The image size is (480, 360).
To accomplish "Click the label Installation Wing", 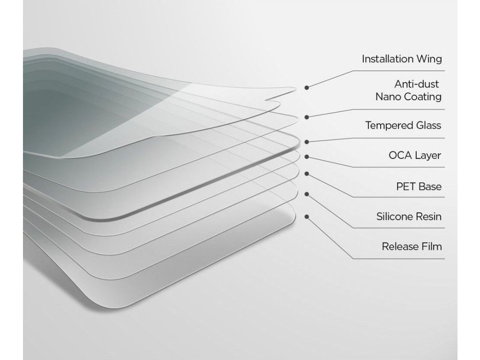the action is click(402, 59).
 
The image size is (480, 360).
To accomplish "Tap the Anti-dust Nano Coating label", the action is click(409, 90).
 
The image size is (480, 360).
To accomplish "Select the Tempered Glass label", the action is click(403, 126).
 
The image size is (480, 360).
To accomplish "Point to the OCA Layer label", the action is click(415, 156).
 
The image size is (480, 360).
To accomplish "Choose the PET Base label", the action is click(419, 187).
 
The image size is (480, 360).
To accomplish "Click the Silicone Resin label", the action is click(409, 217).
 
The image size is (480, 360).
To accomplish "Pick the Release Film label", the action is click(412, 247).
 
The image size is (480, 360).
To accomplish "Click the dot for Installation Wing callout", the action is click(307, 88).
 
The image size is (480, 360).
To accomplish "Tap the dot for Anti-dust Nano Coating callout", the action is click(307, 117).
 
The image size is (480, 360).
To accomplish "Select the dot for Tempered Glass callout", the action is click(307, 142).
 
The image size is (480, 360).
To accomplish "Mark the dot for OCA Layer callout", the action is click(307, 157).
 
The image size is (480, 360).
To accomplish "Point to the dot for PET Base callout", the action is click(307, 174).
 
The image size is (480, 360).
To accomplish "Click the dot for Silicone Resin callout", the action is click(307, 194).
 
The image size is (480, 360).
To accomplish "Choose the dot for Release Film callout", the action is click(307, 217).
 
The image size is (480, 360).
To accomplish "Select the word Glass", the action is click(428, 125).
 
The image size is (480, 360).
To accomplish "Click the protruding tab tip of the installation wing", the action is click(295, 89).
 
